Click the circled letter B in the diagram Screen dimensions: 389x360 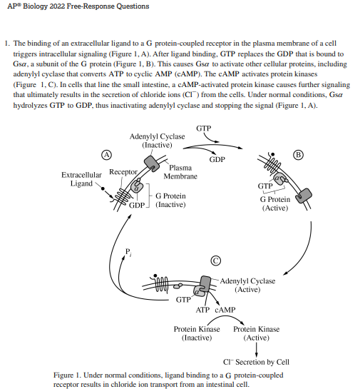[x=298, y=154]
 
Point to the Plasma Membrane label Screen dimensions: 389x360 [x=180, y=172]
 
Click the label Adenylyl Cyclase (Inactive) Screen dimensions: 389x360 [x=157, y=140]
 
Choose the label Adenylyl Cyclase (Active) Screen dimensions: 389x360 [x=247, y=286]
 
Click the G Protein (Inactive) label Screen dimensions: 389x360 [x=170, y=200]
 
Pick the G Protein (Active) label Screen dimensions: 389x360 [x=275, y=203]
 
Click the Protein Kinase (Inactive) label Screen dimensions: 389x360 [x=197, y=333]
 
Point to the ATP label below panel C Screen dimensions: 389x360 [x=202, y=310]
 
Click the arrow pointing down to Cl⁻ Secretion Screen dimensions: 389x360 [x=256, y=349]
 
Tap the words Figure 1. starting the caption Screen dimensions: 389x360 [x=69, y=375]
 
